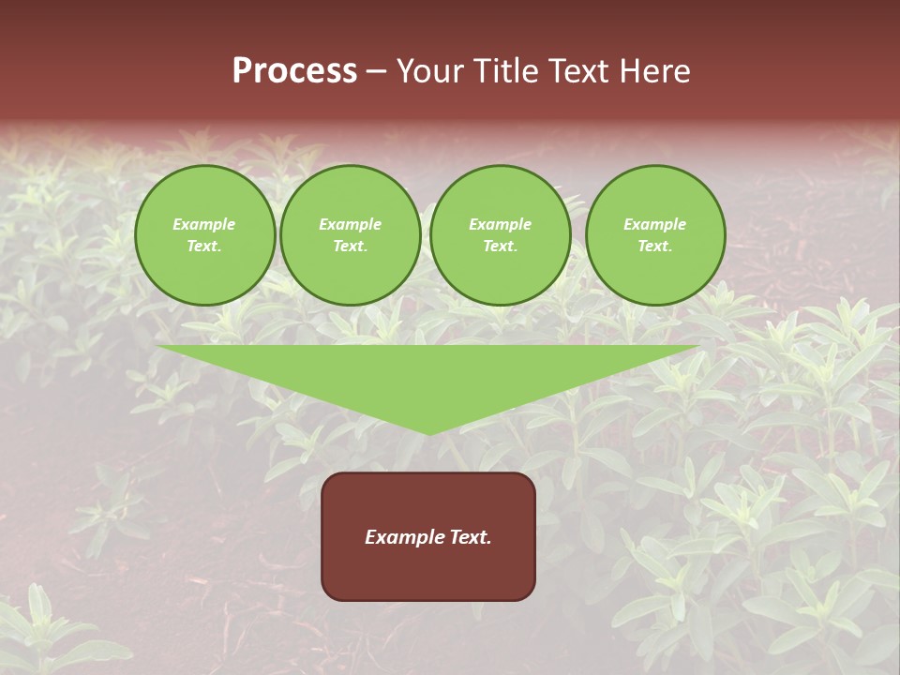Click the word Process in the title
coord(294,71)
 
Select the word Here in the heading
coord(653,71)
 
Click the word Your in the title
coord(430,71)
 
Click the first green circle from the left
coord(204,235)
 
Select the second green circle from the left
coord(350,235)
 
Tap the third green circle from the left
coord(500,235)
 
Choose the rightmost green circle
coord(654,235)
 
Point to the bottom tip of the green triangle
coord(429,433)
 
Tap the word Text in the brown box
coord(470,537)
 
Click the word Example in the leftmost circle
coord(204,225)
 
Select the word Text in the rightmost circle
coord(654,247)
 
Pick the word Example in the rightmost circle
coord(654,225)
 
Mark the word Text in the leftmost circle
coord(204,247)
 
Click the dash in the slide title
coord(376,71)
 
